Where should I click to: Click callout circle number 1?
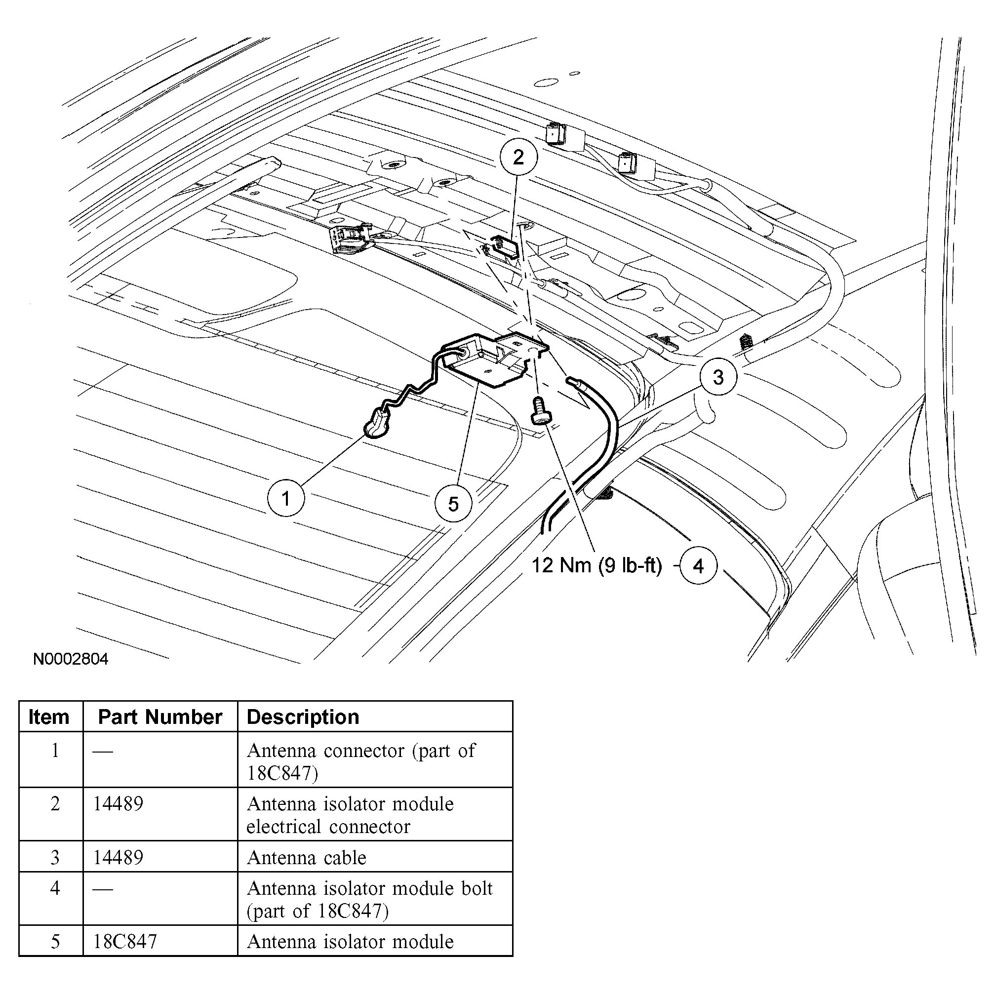pos(286,498)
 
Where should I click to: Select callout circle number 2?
pos(518,157)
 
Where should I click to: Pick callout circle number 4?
pos(698,566)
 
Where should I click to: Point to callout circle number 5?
pos(453,504)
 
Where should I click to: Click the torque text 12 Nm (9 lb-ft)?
pos(597,565)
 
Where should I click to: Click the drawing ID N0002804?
pos(71,659)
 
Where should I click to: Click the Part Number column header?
pos(159,717)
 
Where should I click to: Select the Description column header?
pos(303,717)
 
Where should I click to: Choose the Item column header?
pos(49,717)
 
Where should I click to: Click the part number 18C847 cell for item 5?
pos(124,942)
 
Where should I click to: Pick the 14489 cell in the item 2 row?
pos(118,803)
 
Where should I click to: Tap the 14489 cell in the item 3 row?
pos(118,858)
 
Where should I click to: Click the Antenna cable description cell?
pos(307,858)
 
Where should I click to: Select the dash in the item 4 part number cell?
pos(103,889)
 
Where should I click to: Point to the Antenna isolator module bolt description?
pos(369,899)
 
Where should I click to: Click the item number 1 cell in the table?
pos(55,751)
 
